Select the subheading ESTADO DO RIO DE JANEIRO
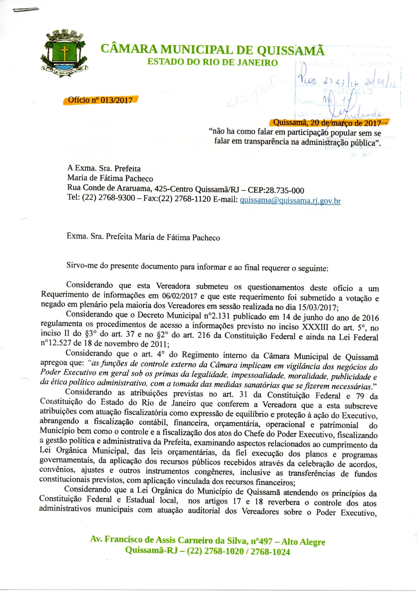click(212, 62)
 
